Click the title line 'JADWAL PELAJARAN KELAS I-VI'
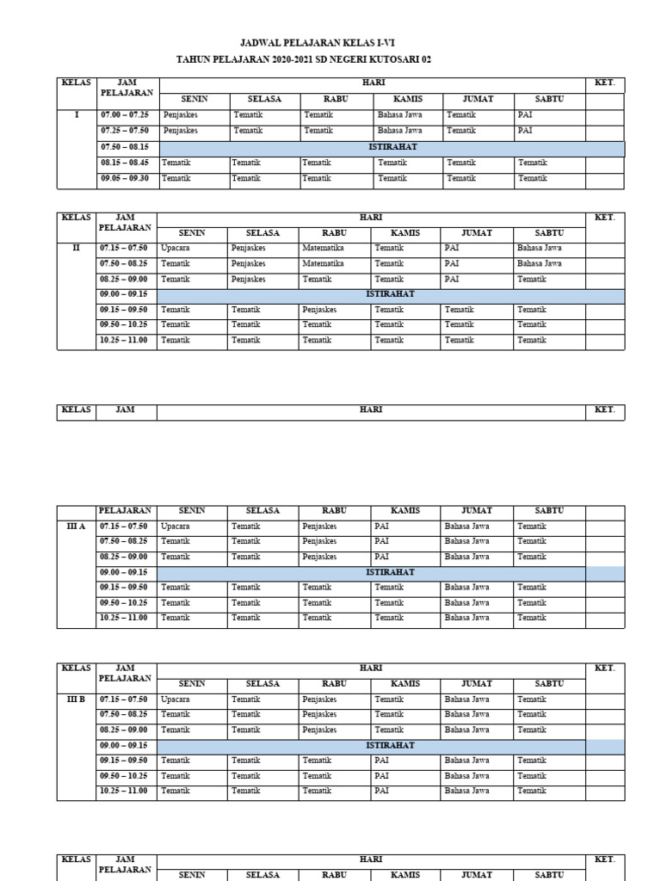click(x=330, y=42)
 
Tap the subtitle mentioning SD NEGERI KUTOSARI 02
click(x=330, y=59)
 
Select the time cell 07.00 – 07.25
click(x=125, y=114)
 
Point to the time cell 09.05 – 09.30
click(x=125, y=178)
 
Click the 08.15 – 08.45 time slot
click(x=125, y=163)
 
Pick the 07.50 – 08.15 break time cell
click(x=125, y=147)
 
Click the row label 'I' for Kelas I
click(x=77, y=114)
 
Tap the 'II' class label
click(x=77, y=248)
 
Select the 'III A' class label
click(x=77, y=526)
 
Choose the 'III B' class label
click(x=77, y=699)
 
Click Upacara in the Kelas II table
click(x=175, y=248)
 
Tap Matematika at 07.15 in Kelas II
click(x=323, y=248)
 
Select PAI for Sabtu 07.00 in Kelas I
click(x=525, y=114)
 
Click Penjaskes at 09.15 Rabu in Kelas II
click(x=319, y=310)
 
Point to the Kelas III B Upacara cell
click(x=175, y=699)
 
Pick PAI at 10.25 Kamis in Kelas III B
click(x=381, y=791)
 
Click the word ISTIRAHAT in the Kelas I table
click(x=392, y=147)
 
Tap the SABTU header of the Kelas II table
click(x=549, y=232)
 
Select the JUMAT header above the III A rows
click(x=477, y=510)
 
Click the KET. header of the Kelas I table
click(x=605, y=83)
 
